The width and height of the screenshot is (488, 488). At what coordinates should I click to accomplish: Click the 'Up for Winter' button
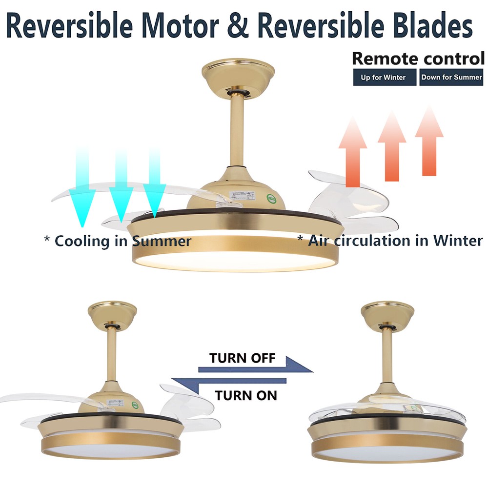point(385,77)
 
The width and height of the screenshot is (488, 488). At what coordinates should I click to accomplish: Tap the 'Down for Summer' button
point(451,77)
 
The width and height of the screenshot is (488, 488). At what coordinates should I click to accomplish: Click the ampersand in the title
point(239,25)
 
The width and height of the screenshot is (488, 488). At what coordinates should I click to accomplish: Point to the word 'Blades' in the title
point(433,25)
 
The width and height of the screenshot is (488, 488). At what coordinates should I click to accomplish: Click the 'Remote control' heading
point(418,59)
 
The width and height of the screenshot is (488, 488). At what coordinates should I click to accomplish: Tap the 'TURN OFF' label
point(243,358)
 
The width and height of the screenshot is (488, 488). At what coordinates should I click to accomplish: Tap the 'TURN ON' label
point(246,396)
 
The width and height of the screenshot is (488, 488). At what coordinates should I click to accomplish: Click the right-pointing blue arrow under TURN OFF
point(256,365)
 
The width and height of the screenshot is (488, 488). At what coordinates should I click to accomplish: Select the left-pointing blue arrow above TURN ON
point(229,384)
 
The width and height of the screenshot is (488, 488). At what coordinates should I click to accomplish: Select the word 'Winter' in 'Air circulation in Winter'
point(458,241)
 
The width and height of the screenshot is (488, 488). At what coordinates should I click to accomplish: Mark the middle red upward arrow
point(392,146)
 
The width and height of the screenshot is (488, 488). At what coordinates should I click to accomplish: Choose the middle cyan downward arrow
point(121,185)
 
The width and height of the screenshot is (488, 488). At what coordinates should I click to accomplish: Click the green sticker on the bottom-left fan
point(135,405)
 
